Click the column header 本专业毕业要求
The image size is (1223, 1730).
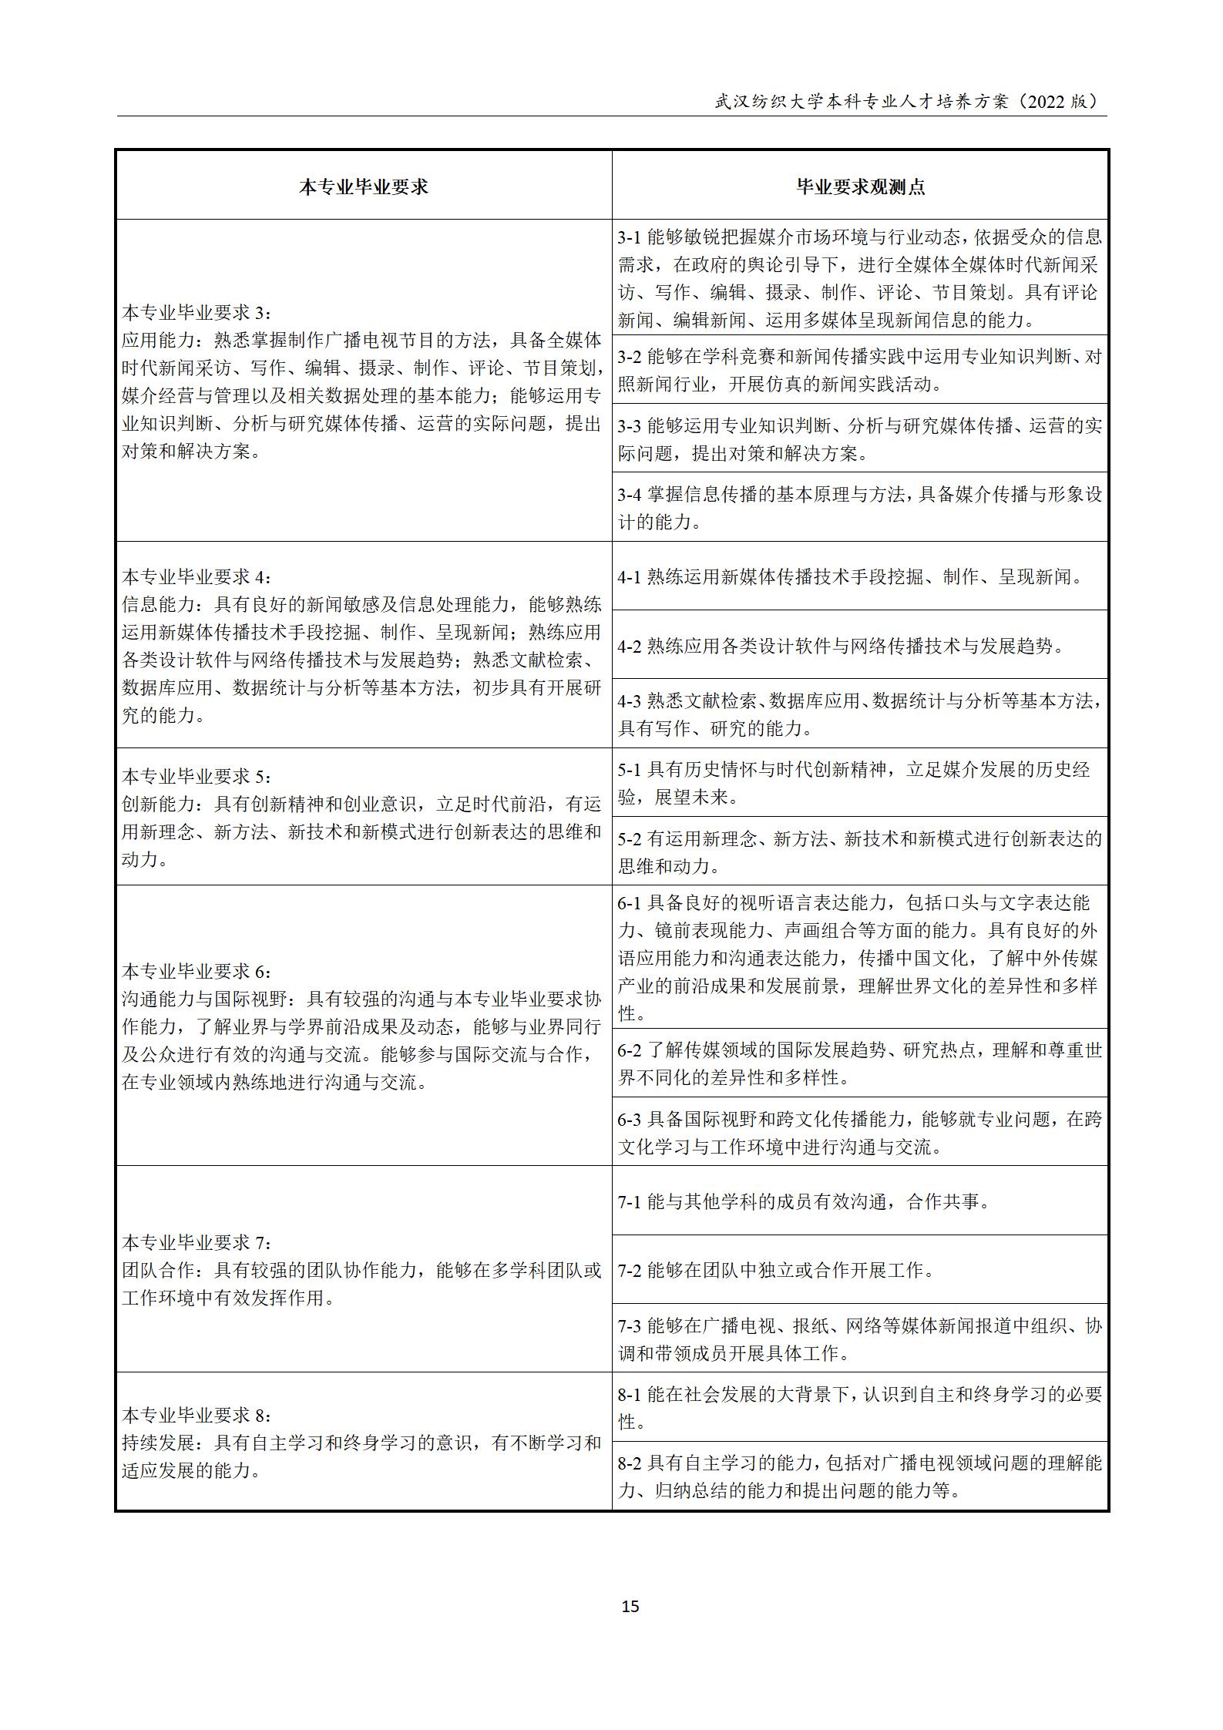[x=363, y=187]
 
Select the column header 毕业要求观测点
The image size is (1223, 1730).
[x=860, y=187]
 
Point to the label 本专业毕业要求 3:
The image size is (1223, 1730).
[x=197, y=312]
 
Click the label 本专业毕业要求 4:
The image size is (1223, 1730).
[x=197, y=577]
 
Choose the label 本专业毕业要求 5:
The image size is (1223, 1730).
[x=197, y=776]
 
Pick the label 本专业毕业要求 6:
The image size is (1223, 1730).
[x=197, y=971]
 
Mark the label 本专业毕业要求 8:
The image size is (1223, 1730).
[x=197, y=1415]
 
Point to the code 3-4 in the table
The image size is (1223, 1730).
[x=630, y=495]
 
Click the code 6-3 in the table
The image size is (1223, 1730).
[x=630, y=1120]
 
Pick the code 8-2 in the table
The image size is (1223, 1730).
[x=630, y=1463]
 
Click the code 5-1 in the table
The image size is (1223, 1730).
[x=630, y=769]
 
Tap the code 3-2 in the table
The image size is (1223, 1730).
[x=630, y=357]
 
